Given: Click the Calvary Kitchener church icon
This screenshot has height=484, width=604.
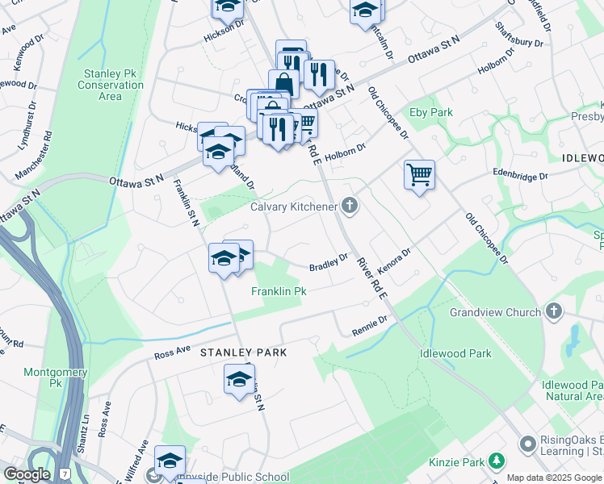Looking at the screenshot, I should pos(350,207).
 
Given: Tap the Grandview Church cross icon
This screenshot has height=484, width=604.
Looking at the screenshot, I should pos(553,311).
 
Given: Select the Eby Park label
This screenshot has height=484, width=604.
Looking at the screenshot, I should pos(430,113).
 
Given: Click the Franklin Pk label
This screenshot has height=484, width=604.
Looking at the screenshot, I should pos(279,290).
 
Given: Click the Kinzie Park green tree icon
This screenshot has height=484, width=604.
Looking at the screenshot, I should pos(497,461).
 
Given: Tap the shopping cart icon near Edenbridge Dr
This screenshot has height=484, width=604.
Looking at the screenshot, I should pos(419,174).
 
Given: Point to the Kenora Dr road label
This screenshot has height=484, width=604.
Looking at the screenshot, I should pos(394,263).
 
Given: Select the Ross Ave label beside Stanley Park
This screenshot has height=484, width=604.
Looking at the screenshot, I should pos(170,354).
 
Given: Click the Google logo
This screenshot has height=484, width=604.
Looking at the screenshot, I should pos(27,474).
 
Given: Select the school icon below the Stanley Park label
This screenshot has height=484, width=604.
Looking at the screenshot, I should pos(239,379).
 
